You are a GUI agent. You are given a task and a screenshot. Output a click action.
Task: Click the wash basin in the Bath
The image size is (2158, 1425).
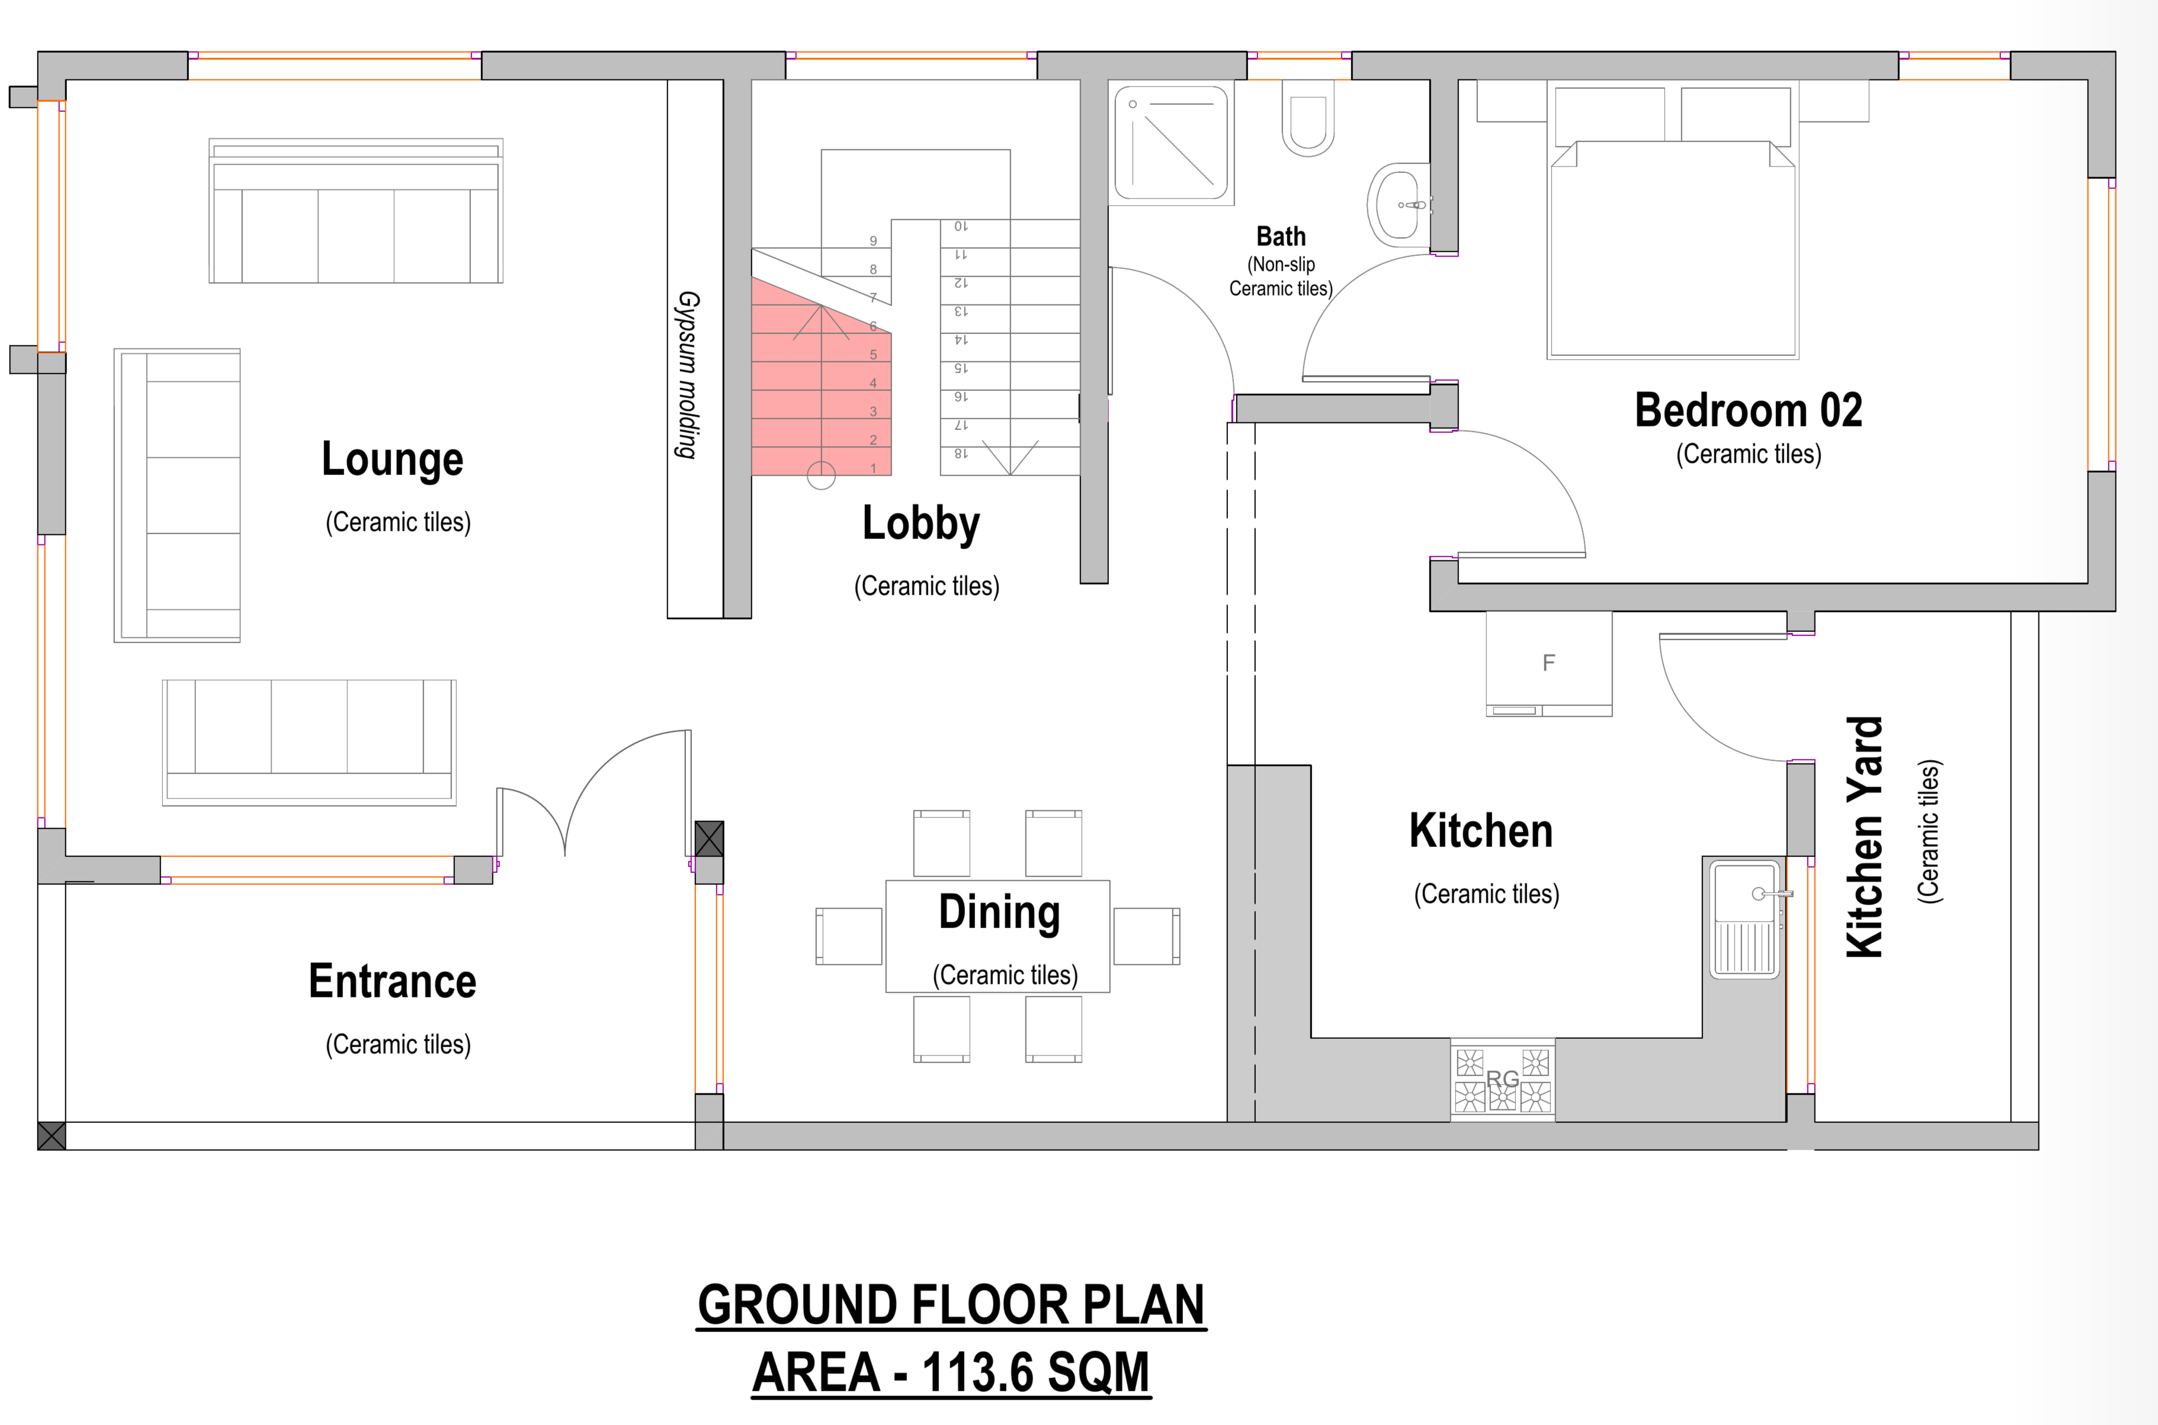[1398, 206]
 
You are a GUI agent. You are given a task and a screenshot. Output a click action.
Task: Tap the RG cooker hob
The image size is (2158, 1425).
[1503, 1080]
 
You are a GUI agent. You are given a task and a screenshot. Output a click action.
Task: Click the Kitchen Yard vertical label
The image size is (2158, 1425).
[1864, 837]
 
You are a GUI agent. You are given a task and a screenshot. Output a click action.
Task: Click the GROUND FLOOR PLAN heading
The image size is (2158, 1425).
[951, 1305]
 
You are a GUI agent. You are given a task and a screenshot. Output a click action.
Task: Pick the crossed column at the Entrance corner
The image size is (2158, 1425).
[52, 1135]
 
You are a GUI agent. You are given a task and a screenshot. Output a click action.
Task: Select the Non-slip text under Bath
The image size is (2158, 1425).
[1280, 265]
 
